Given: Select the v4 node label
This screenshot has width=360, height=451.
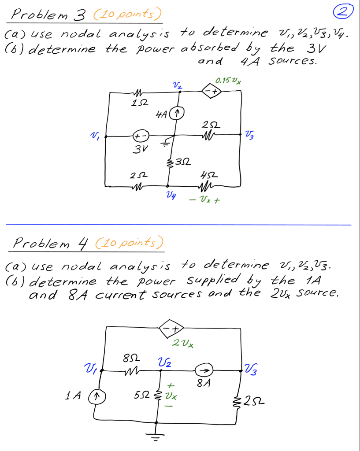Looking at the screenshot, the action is click(170, 195).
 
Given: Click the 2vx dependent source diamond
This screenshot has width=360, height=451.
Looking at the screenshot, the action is click(172, 329).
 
